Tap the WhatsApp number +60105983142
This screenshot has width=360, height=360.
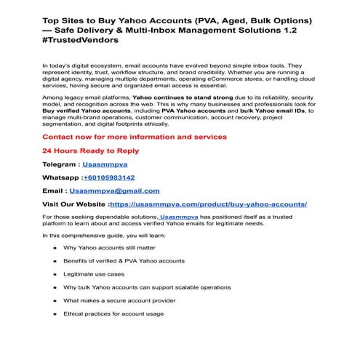click(x=108, y=177)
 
